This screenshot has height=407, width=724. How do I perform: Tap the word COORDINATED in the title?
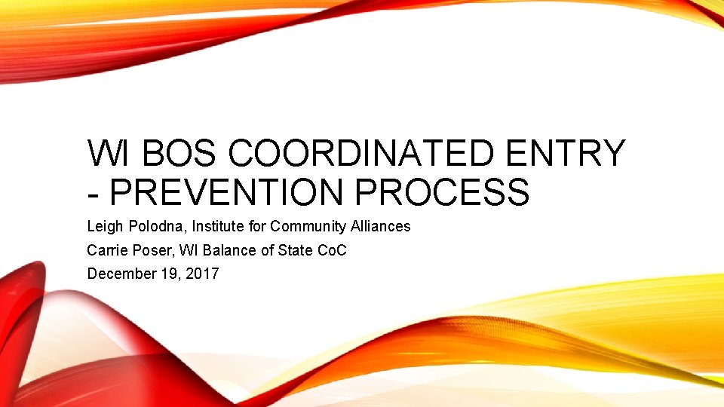point(364,154)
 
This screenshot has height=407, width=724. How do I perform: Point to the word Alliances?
point(382,226)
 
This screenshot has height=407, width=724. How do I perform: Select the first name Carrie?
point(106,250)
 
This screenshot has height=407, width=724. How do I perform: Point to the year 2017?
point(201,274)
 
